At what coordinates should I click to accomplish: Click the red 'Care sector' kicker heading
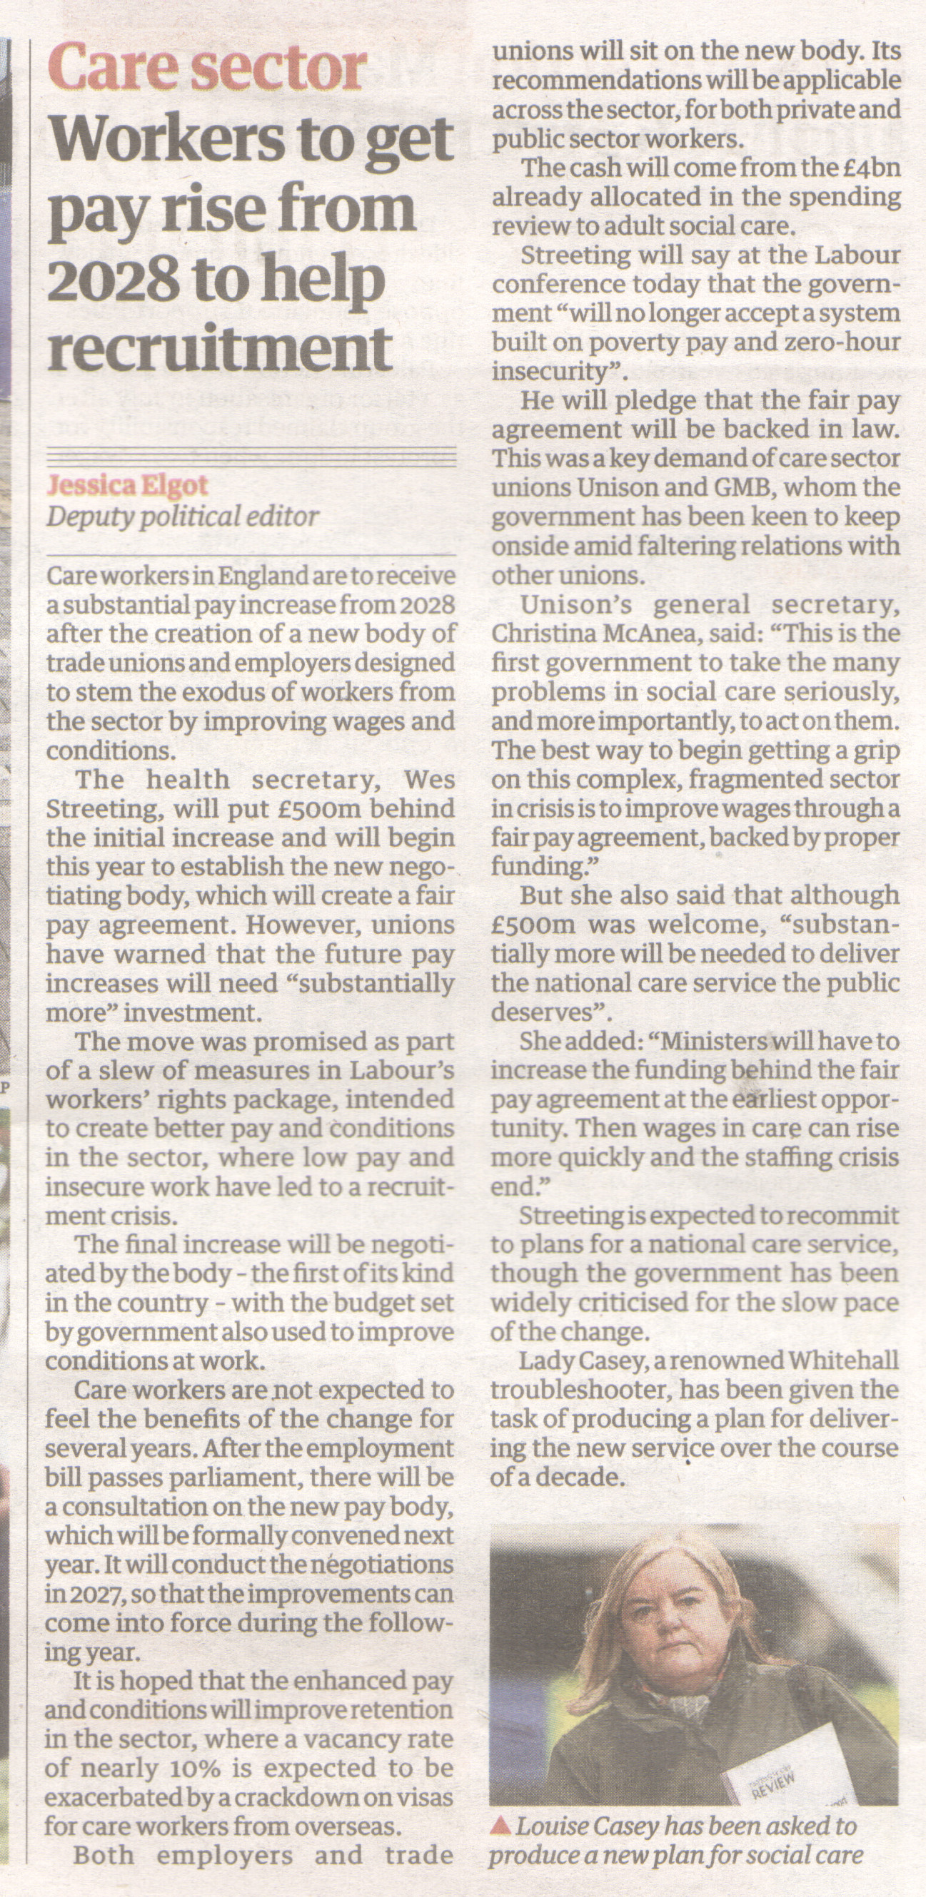pos(207,68)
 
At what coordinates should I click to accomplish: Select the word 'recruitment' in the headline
pos(219,349)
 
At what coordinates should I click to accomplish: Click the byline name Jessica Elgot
pos(128,485)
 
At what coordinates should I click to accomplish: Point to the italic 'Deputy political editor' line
pos(182,517)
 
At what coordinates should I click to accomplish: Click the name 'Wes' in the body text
pos(429,779)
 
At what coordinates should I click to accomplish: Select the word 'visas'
pos(425,1798)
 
